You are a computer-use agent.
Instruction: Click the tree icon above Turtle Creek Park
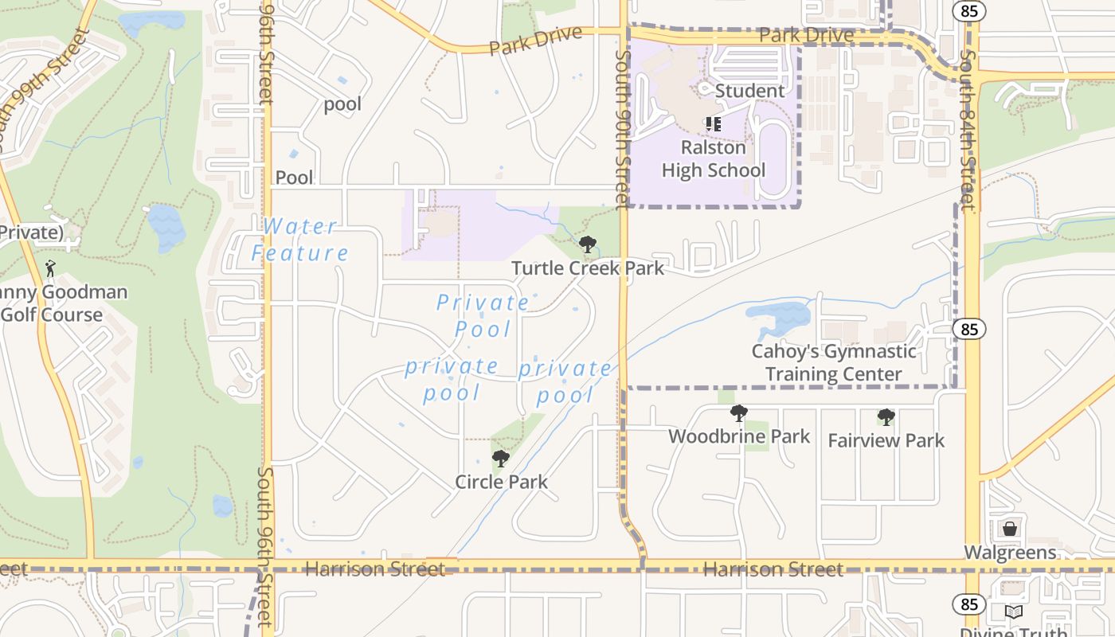pos(588,244)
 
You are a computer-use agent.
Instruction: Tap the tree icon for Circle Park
pos(500,459)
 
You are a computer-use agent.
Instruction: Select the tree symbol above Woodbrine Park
pos(739,413)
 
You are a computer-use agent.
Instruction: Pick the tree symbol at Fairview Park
pos(886,417)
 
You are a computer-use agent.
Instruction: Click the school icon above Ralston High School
pos(713,124)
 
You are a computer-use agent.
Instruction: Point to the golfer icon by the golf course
pos(51,268)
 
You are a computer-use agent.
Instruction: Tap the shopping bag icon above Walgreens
pos(1010,529)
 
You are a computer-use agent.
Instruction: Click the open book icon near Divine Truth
pos(1013,612)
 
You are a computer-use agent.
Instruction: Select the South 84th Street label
pos(968,131)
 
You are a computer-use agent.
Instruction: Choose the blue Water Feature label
pos(300,240)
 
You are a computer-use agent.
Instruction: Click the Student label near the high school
pos(749,91)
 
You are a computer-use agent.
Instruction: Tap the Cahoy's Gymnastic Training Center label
pos(834,362)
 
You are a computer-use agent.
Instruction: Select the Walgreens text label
pos(1010,553)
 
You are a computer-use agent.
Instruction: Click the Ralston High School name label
pos(714,158)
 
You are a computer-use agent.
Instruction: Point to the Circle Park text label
pos(501,482)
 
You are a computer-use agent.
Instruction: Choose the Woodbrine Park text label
pos(739,436)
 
